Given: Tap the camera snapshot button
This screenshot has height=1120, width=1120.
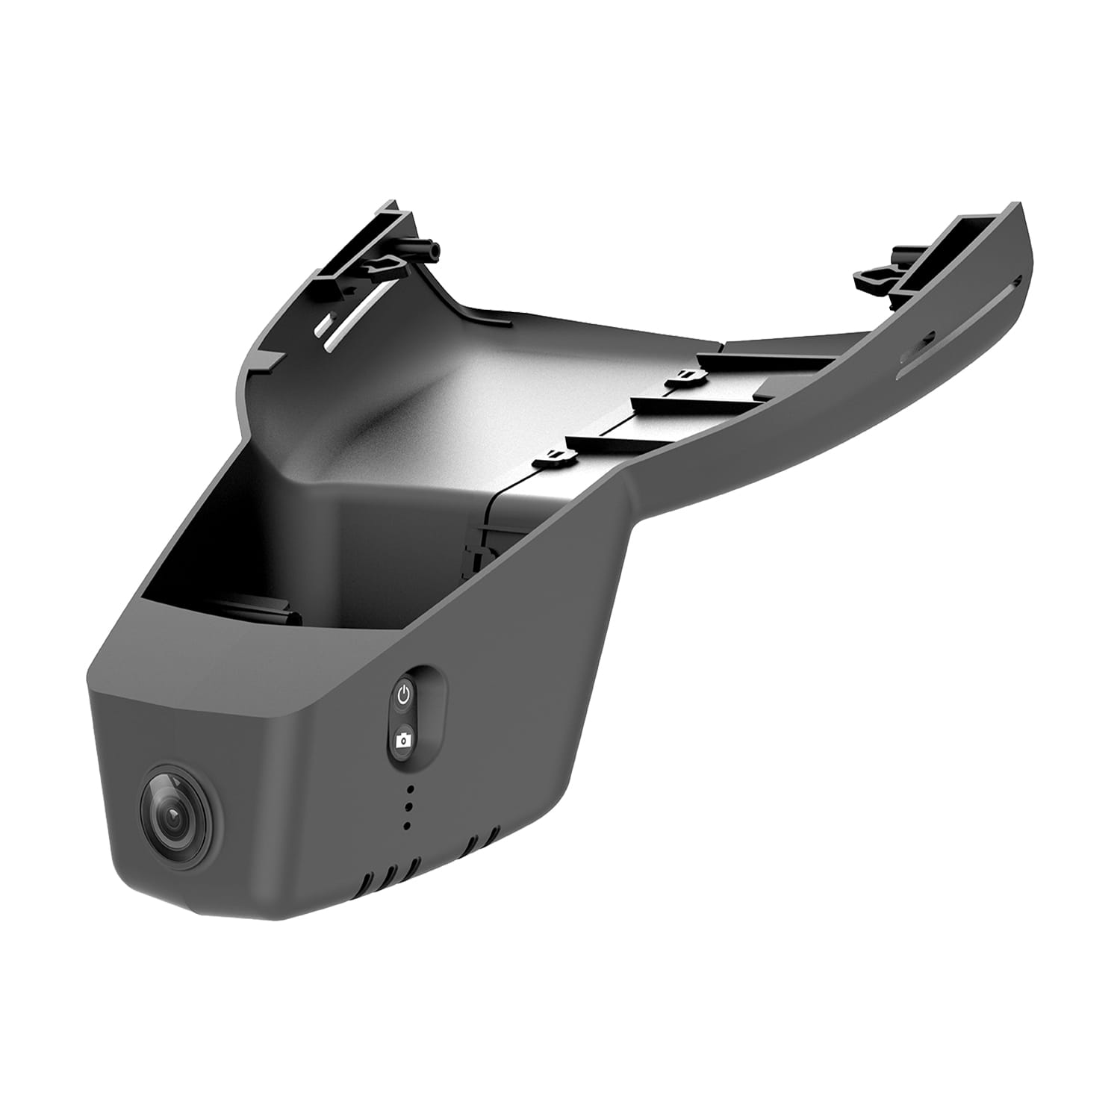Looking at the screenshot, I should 404,740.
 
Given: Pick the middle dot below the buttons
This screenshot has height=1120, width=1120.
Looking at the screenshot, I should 408,807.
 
